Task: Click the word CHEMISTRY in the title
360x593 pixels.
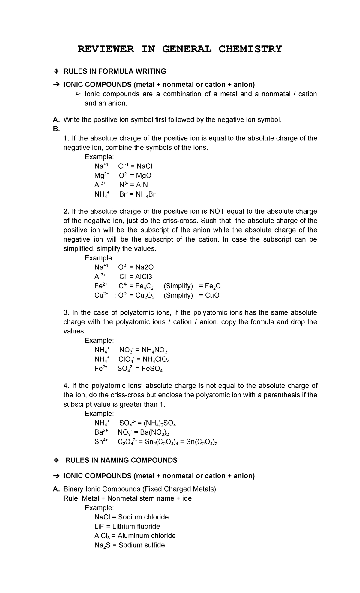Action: tap(250, 49)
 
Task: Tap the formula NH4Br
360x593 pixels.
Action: tap(145, 194)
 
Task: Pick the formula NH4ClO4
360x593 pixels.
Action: tap(156, 360)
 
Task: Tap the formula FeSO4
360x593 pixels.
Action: tap(152, 369)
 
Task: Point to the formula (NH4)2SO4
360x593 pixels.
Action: tap(160, 423)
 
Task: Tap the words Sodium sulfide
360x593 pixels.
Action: tap(142, 545)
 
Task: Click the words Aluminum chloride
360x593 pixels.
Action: tap(147, 536)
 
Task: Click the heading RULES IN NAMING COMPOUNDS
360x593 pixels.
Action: tap(121, 460)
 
